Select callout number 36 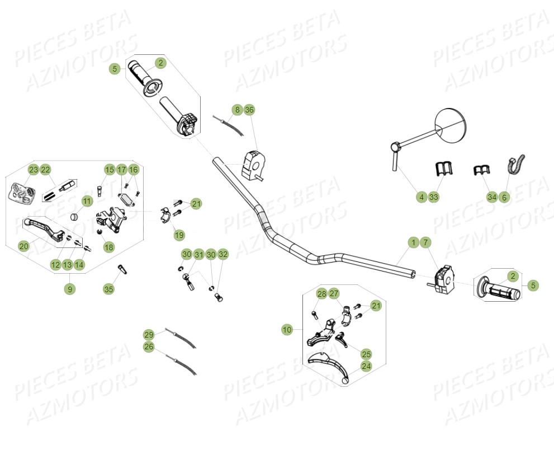click(249, 110)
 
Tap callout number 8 click(237, 110)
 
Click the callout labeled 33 click(434, 197)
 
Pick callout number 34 click(492, 197)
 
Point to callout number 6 click(504, 197)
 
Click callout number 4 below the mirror click(422, 197)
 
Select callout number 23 click(33, 170)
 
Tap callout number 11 click(87, 201)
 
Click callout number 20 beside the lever click(23, 246)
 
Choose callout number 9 click(69, 289)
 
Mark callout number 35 click(108, 289)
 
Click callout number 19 click(179, 235)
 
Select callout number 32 click(223, 255)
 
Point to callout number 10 click(287, 330)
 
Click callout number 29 click(149, 335)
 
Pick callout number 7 click(425, 242)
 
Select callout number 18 click(108, 247)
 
